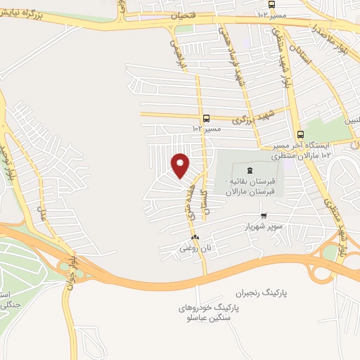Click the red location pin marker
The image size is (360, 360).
(x=181, y=165)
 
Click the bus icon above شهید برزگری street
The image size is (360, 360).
(x=205, y=119)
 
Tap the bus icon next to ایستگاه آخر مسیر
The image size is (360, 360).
(x=300, y=135)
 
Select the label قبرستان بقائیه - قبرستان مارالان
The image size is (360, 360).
(x=247, y=186)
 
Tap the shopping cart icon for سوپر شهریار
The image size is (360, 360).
(x=264, y=216)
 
